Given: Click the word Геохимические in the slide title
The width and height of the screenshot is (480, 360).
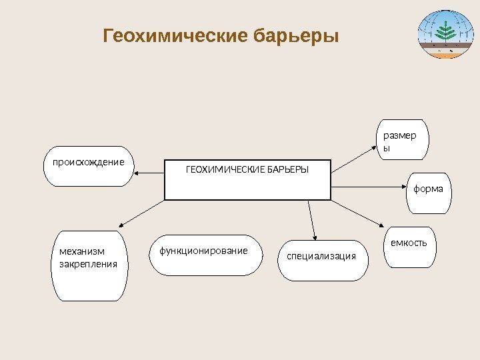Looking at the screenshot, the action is [x=175, y=35].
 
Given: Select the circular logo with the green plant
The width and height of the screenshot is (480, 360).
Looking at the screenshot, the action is [x=444, y=35].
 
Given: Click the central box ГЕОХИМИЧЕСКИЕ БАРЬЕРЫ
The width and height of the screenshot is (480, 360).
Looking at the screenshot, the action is [x=247, y=179].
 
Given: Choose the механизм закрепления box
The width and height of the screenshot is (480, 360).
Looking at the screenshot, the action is [x=89, y=265].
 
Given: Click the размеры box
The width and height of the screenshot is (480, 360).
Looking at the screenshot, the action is [x=402, y=140].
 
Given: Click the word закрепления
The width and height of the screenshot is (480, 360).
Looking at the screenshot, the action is [x=88, y=264].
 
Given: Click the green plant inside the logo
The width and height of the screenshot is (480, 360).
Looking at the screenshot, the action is [x=444, y=31].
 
